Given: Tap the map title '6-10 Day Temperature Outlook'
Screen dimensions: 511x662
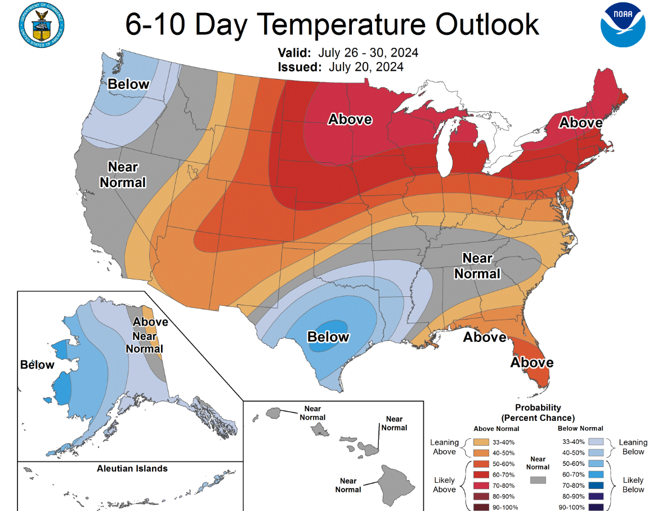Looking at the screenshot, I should [x=332, y=25].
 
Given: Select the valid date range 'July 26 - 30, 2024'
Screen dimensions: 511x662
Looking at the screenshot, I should [x=368, y=53].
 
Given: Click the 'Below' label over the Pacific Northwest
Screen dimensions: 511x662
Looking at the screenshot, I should [x=128, y=85].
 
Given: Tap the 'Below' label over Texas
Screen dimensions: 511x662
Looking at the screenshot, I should [x=328, y=337].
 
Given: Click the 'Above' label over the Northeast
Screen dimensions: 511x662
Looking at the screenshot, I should [x=580, y=122].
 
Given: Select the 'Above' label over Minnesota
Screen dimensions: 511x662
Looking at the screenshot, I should [x=350, y=119].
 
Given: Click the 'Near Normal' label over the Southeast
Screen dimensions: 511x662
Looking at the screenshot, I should [x=477, y=265].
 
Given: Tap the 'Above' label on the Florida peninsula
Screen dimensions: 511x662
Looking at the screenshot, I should [x=531, y=362].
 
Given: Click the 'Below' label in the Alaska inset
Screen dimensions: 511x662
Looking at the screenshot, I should [x=37, y=365].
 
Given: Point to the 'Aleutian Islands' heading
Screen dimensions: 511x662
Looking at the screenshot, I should [x=132, y=468].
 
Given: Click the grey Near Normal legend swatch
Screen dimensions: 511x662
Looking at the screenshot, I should [x=538, y=480].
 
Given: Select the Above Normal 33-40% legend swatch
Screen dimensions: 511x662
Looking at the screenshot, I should [x=481, y=442].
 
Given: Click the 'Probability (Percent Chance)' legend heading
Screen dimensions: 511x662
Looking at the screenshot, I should [x=538, y=412].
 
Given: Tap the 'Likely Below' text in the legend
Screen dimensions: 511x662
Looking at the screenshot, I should [x=633, y=485].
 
